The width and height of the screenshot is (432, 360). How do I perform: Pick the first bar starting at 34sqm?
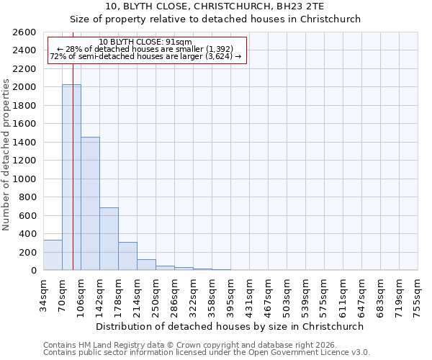pyautogui.click(x=53, y=255)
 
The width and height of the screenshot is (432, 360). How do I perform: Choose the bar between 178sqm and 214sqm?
pyautogui.click(x=127, y=256)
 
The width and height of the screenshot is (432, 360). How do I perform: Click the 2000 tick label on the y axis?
pyautogui.click(x=24, y=87)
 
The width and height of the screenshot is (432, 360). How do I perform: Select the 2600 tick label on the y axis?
pyautogui.click(x=24, y=32)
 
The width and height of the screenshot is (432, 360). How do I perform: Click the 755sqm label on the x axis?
pyautogui.click(x=418, y=295)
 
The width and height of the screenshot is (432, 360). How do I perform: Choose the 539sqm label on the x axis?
pyautogui.click(x=306, y=295)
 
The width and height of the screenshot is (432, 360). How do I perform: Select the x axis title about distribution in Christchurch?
pyautogui.click(x=230, y=326)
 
